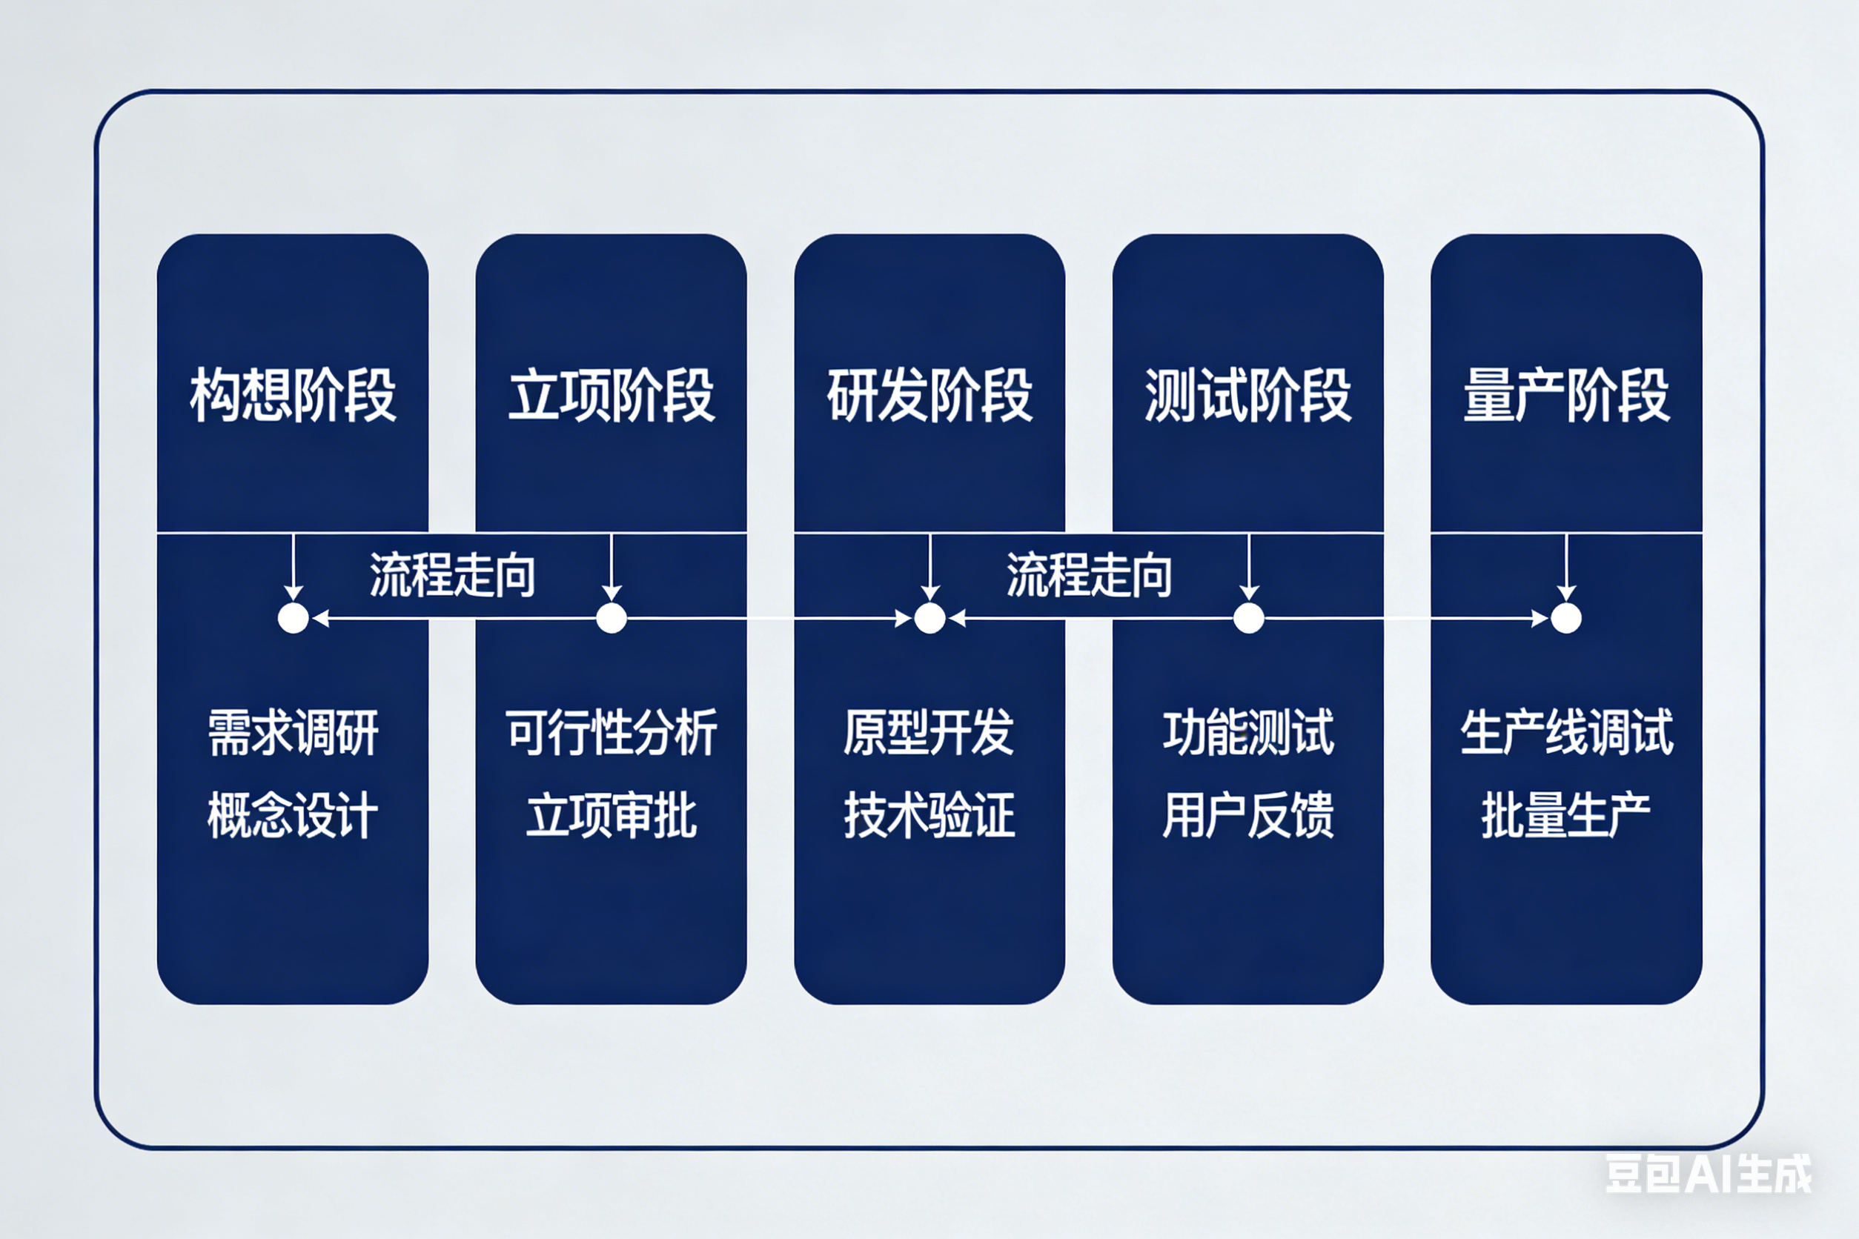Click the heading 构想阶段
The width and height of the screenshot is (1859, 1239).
point(293,395)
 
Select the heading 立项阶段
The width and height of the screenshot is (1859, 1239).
point(611,395)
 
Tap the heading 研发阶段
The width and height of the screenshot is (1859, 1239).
point(929,395)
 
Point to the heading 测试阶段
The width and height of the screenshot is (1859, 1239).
point(1248,395)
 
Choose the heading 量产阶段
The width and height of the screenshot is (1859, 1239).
point(1566,395)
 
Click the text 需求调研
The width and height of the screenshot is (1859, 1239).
point(293,732)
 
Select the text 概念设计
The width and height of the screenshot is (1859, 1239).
point(293,815)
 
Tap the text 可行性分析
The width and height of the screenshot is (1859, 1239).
point(611,732)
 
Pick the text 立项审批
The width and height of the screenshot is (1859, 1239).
point(611,815)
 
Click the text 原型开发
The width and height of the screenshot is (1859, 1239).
point(929,732)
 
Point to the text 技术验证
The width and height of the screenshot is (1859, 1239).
point(929,815)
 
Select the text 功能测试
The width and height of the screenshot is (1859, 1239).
point(1248,732)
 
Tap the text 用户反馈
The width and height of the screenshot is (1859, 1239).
point(1248,815)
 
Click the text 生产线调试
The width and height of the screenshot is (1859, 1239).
point(1566,732)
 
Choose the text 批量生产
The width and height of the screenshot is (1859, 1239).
point(1566,815)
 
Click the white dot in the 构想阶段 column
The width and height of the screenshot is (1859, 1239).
point(294,618)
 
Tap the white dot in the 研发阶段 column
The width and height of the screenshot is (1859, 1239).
point(929,618)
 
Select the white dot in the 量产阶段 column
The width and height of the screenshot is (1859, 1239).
point(1565,618)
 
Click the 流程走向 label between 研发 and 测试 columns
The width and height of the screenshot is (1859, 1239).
point(1088,574)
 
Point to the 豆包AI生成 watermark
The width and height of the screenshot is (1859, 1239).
point(1709,1175)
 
